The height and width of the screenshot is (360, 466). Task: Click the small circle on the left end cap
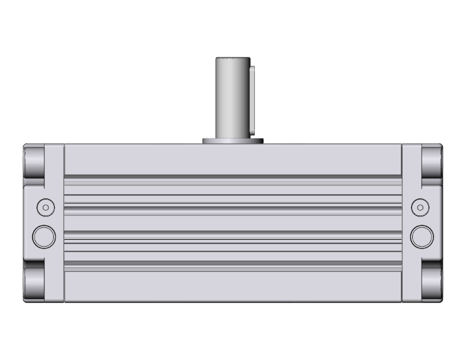(x=45, y=207)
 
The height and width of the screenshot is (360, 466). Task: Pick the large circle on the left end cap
(x=44, y=235)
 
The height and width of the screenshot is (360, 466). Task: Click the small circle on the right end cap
(x=419, y=207)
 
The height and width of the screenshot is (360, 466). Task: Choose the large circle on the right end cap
(x=422, y=235)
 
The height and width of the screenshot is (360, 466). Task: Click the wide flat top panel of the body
(x=232, y=159)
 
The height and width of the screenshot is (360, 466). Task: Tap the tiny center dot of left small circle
(x=45, y=207)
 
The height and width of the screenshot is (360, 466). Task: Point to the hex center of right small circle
(x=419, y=207)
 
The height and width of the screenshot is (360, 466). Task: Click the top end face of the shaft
(x=233, y=58)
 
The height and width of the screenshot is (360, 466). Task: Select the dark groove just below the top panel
(x=232, y=176)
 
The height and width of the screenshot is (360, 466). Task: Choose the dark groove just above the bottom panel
(x=232, y=263)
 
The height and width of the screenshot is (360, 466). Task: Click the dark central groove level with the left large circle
(x=232, y=233)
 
